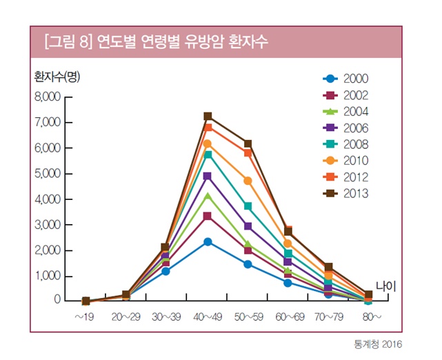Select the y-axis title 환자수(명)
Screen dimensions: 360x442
(57, 77)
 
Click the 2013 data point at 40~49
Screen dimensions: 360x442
(208, 117)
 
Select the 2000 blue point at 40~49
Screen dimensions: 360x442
(208, 242)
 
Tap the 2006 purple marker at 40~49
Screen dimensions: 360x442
(208, 177)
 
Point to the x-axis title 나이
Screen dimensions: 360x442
(387, 286)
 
